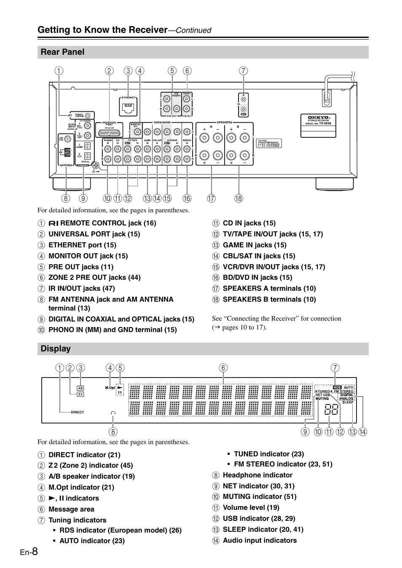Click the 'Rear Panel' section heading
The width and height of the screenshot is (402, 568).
pos(62,52)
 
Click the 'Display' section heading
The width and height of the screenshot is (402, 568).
pos(56,349)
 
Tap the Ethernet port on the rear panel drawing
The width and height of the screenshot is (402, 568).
pos(129,108)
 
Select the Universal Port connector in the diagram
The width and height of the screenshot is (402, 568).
pos(109,132)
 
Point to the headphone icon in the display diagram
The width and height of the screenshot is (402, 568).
pos(113,413)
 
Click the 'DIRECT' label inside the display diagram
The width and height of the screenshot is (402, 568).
pos(78,413)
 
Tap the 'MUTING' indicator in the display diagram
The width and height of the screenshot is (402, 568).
pos(322,399)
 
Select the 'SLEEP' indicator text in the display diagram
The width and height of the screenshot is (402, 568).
pos(348,402)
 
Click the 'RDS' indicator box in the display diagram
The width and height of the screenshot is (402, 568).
pos(337,387)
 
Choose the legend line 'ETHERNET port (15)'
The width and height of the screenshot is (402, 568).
pos(82,245)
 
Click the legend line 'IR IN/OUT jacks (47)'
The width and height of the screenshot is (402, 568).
pos(81,289)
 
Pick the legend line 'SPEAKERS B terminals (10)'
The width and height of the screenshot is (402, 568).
pos(269,300)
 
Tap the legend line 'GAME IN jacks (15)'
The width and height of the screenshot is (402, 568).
pos(254,245)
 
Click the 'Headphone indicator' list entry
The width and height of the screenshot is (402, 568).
pos(257,475)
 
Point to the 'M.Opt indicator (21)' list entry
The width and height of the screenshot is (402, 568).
pos(81,488)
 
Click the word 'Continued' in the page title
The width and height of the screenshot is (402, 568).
pos(193,30)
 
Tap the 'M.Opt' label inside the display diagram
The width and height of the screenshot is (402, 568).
pos(110,388)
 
